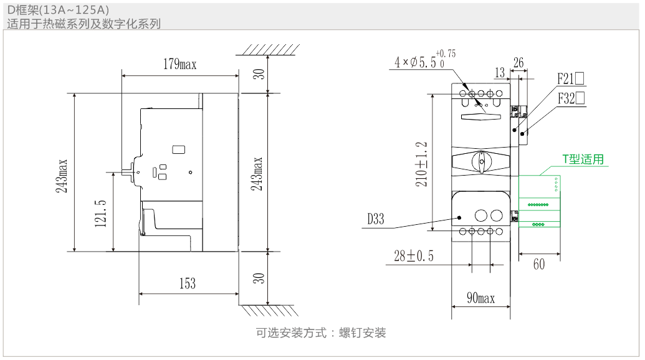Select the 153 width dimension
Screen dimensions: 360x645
pos(188,284)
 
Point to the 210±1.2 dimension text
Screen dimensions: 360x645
pos(422,164)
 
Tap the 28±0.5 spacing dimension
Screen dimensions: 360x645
pos(414,256)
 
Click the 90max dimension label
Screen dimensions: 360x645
pos(480,298)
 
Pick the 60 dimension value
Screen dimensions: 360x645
pos(539,264)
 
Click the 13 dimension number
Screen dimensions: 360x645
pos(499,73)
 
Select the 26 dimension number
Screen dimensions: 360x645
pos(518,63)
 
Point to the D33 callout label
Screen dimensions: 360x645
pos(375,219)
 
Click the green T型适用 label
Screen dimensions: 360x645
pos(583,159)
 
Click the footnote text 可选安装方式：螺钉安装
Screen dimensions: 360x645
pos(321,333)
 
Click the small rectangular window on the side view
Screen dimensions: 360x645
pos(178,149)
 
